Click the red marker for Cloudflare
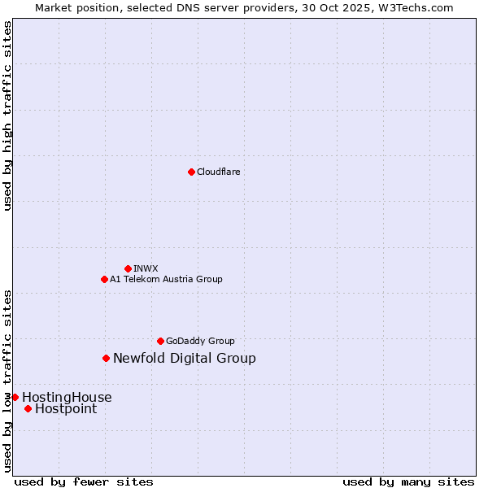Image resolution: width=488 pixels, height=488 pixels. pyautogui.click(x=191, y=172)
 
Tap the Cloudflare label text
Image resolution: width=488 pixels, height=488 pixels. pyautogui.click(x=218, y=172)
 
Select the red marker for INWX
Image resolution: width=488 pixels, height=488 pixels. pyautogui.click(x=128, y=268)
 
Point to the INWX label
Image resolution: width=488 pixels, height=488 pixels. pyautogui.click(x=146, y=268)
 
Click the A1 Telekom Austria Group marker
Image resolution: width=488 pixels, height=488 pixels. pyautogui.click(x=104, y=279)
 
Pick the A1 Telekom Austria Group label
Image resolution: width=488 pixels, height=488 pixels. pyautogui.click(x=166, y=279)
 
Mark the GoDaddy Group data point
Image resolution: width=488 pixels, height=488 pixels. pyautogui.click(x=160, y=341)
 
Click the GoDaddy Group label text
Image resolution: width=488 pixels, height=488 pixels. pyautogui.click(x=200, y=341)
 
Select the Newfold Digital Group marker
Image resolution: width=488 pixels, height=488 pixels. pyautogui.click(x=106, y=358)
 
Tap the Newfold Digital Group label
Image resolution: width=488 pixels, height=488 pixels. pyautogui.click(x=184, y=358)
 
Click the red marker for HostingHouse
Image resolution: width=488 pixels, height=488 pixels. pyautogui.click(x=15, y=397)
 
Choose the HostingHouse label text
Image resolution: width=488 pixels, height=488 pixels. pyautogui.click(x=67, y=397)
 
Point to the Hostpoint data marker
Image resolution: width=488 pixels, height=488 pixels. pyautogui.click(x=28, y=408)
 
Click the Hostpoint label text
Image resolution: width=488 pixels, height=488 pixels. pyautogui.click(x=66, y=408)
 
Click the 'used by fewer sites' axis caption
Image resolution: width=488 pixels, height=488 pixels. pyautogui.click(x=84, y=481)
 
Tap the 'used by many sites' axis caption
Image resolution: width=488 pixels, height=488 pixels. pyautogui.click(x=408, y=481)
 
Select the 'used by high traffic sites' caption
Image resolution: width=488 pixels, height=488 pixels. pyautogui.click(x=7, y=115)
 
